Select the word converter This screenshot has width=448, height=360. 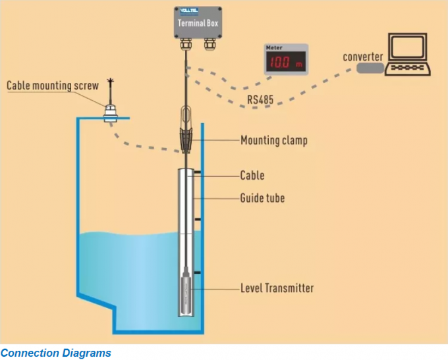pyautogui.click(x=362, y=57)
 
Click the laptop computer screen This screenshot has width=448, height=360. pyautogui.click(x=408, y=48)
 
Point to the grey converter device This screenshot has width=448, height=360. pyautogui.click(x=370, y=67)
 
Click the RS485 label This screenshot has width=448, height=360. pyautogui.click(x=261, y=100)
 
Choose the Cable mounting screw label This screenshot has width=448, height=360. pyautogui.click(x=53, y=86)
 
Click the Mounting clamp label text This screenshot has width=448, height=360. pyautogui.click(x=273, y=140)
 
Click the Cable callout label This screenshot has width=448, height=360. pyautogui.click(x=252, y=176)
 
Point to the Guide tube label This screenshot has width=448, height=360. pyautogui.click(x=262, y=197)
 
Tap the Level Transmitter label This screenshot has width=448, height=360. pyautogui.click(x=277, y=288)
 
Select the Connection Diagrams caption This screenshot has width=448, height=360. pyautogui.click(x=56, y=353)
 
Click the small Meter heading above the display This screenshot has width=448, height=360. pyautogui.click(x=273, y=47)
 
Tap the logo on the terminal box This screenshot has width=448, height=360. pyautogui.click(x=190, y=11)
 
